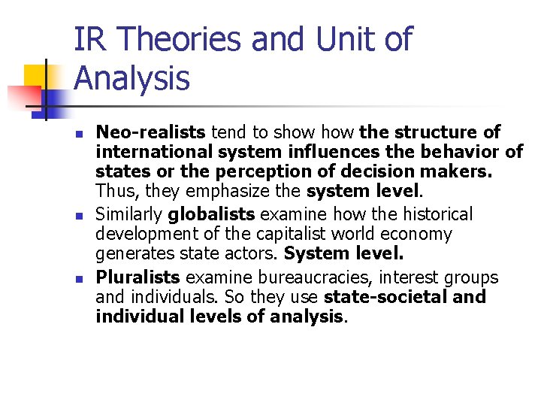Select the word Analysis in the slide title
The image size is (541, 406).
click(x=132, y=77)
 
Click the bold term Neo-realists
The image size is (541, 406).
click(x=150, y=133)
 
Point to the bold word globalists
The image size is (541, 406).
click(x=202, y=215)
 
